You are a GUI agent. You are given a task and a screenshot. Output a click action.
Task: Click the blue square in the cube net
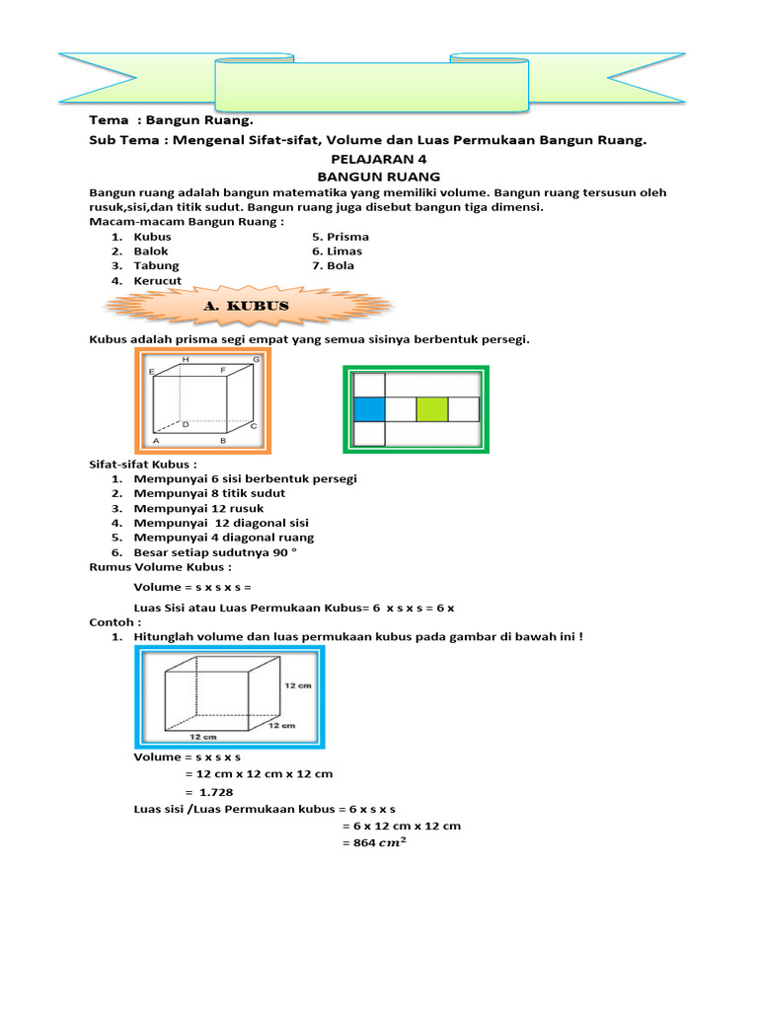tap(368, 408)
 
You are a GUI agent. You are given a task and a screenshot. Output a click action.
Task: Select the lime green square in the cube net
tap(432, 408)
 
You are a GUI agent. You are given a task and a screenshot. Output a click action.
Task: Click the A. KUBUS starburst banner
tap(246, 307)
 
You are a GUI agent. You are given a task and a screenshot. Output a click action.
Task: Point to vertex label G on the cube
tap(256, 361)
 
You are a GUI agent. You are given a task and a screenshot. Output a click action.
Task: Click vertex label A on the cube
tap(156, 441)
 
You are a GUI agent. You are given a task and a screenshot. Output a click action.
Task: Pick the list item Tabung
tap(156, 265)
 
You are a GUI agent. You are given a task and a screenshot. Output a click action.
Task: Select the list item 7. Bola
tap(333, 265)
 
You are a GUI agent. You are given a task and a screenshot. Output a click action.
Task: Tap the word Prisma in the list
tap(346, 237)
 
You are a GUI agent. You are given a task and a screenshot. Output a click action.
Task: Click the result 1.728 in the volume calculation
tap(215, 793)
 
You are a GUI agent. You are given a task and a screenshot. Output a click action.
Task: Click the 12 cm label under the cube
tap(202, 736)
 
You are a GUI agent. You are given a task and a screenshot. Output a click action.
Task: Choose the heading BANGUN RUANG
tap(378, 177)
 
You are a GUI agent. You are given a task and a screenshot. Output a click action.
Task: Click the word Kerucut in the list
tap(158, 281)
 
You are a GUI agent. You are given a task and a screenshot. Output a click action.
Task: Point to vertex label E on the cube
tap(152, 372)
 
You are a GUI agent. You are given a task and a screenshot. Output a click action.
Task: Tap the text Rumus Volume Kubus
tap(161, 567)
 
